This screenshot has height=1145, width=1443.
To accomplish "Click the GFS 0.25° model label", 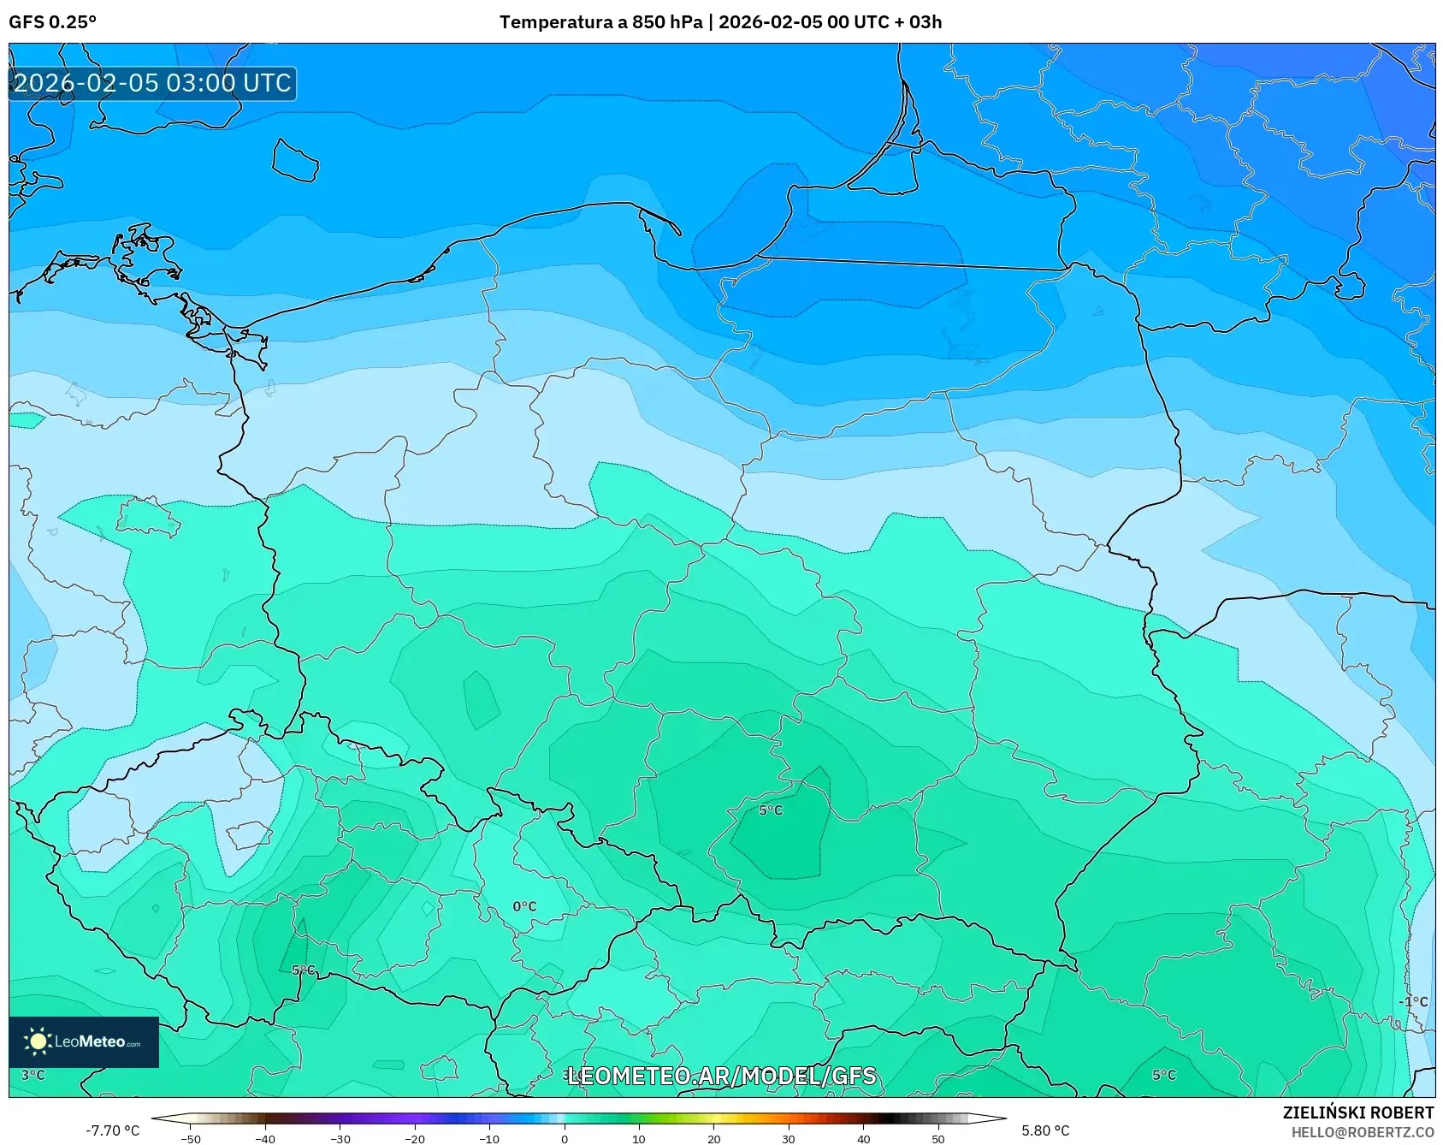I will [52, 22].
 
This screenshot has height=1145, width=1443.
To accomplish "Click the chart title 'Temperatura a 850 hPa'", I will [600, 22].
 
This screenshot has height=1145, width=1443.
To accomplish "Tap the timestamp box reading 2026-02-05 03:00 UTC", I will [152, 83].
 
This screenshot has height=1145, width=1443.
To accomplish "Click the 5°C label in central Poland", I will [771, 810].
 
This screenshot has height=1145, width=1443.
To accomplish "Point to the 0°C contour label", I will [524, 906].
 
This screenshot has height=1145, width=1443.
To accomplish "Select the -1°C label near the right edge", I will [1413, 1001].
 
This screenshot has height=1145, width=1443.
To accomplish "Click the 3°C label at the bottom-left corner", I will [33, 1075].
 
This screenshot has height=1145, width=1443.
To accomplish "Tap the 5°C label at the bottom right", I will [1163, 1075].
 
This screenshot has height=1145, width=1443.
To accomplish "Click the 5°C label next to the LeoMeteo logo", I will [304, 970].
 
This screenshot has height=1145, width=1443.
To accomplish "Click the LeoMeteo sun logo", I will [38, 1041].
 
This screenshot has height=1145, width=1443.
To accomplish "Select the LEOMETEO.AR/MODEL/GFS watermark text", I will [721, 1076].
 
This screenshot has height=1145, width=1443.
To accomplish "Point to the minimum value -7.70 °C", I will [112, 1130].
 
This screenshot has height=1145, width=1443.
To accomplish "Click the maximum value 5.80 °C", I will [1045, 1130].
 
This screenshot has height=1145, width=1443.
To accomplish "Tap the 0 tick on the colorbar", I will [564, 1139].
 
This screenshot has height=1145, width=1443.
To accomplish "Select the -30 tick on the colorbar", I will [340, 1139].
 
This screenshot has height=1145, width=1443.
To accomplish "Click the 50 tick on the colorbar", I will [937, 1139].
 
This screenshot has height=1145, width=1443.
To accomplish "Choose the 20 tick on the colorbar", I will [713, 1139].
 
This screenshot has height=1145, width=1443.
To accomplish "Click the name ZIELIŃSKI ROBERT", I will [1357, 1112].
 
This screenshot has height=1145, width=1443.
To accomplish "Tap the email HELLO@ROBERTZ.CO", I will [1362, 1132].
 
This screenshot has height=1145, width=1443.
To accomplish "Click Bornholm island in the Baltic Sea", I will [295, 161].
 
